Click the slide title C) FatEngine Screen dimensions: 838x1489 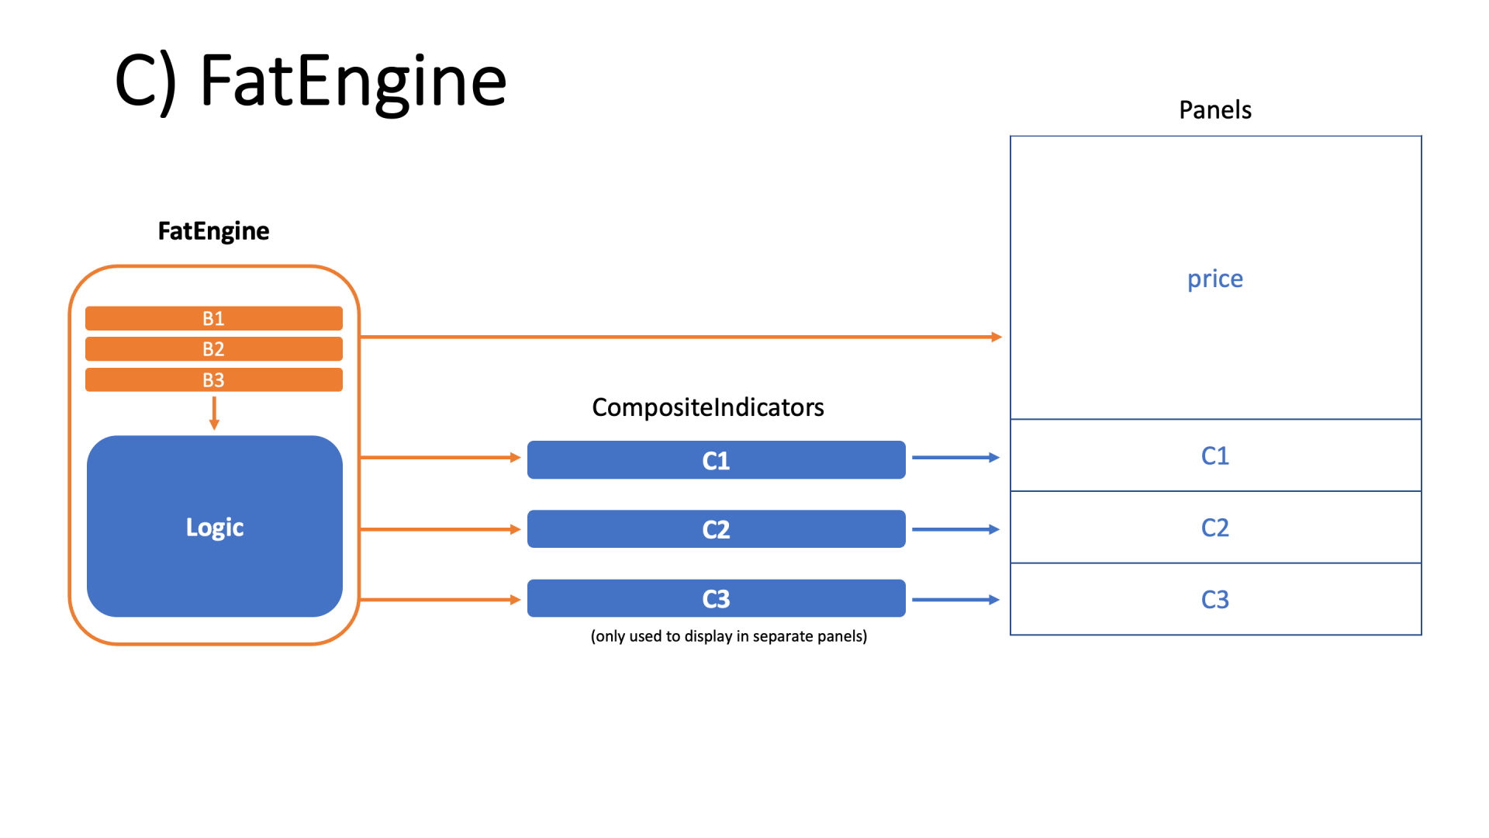[x=310, y=81]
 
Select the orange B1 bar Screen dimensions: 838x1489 [x=213, y=318]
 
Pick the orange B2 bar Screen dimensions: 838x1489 [x=213, y=349]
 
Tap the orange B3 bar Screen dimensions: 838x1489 [x=213, y=380]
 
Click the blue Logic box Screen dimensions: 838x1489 [x=215, y=527]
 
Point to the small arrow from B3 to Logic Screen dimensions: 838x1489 [x=215, y=414]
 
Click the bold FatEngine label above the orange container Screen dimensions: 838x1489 [x=213, y=231]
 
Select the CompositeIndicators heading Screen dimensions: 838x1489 [x=707, y=407]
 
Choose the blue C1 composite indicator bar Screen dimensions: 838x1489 [x=716, y=460]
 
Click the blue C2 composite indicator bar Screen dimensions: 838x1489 [x=716, y=529]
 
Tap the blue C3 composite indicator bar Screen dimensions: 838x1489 [x=716, y=598]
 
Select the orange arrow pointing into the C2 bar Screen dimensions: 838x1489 [x=440, y=529]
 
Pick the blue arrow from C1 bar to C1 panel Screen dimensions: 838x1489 [x=955, y=458]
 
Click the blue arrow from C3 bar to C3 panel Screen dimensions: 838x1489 [x=955, y=600]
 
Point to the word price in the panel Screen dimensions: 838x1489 [x=1214, y=279]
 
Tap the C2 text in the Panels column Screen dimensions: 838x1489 [x=1214, y=528]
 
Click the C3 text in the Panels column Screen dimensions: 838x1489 [x=1214, y=600]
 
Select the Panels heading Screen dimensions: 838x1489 [x=1214, y=110]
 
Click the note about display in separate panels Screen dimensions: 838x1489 [x=728, y=636]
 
